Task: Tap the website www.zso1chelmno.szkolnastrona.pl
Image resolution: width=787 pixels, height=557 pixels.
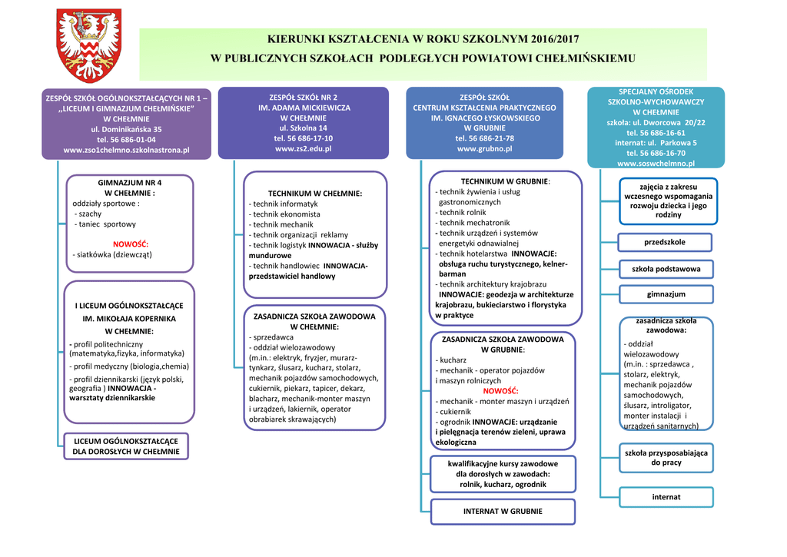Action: [126, 150]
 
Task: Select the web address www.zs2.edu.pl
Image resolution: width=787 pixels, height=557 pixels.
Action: [303, 148]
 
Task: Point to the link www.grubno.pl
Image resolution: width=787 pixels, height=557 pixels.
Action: [484, 148]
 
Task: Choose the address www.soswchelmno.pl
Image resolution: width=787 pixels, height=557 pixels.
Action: [656, 163]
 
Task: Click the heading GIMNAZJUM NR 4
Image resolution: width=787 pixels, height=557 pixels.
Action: [130, 183]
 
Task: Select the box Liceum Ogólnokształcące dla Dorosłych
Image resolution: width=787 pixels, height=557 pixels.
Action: [126, 446]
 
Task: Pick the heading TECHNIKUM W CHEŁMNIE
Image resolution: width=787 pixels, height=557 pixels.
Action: [314, 193]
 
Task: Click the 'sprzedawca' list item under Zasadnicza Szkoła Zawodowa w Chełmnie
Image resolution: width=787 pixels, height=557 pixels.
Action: [274, 337]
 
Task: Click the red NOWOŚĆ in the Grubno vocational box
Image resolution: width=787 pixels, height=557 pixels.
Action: [500, 391]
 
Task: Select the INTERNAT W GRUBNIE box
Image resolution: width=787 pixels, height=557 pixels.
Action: [503, 511]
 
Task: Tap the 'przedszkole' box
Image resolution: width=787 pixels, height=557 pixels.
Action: [666, 243]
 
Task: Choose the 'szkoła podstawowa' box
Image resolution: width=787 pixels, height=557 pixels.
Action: [666, 269]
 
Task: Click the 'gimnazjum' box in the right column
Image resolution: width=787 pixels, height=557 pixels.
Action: [666, 294]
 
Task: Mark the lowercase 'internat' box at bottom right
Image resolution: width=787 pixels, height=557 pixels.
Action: [666, 497]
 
